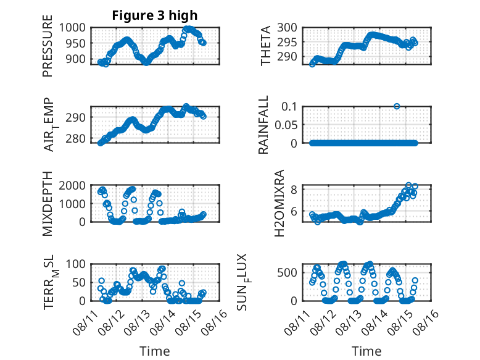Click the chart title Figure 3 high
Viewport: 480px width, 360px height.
coord(155,15)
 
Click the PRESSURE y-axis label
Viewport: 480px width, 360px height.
coord(48,46)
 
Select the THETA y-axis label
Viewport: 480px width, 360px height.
coord(266,46)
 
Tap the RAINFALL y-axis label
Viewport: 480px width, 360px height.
coord(263,125)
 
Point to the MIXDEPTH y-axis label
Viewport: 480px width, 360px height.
coord(48,203)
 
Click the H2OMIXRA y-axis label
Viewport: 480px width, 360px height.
coord(279,203)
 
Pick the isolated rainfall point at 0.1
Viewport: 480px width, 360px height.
coord(397,106)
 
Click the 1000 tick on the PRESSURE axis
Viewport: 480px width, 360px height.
coord(72,28)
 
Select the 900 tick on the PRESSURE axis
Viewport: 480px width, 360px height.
coord(75,59)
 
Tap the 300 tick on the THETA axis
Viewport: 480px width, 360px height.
coord(287,28)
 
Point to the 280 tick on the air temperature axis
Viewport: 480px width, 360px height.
coord(75,138)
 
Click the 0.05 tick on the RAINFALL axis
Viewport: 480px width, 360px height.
coord(286,125)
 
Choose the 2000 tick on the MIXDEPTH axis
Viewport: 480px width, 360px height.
coord(72,185)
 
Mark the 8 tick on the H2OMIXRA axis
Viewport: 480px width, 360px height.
coord(294,190)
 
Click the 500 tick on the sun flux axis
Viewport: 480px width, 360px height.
coord(287,272)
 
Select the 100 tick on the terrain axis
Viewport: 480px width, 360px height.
coord(75,264)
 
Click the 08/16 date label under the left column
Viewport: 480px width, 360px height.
coord(215,322)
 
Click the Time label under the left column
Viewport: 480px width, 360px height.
coord(155,351)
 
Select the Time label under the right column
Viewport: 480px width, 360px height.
coord(366,351)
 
